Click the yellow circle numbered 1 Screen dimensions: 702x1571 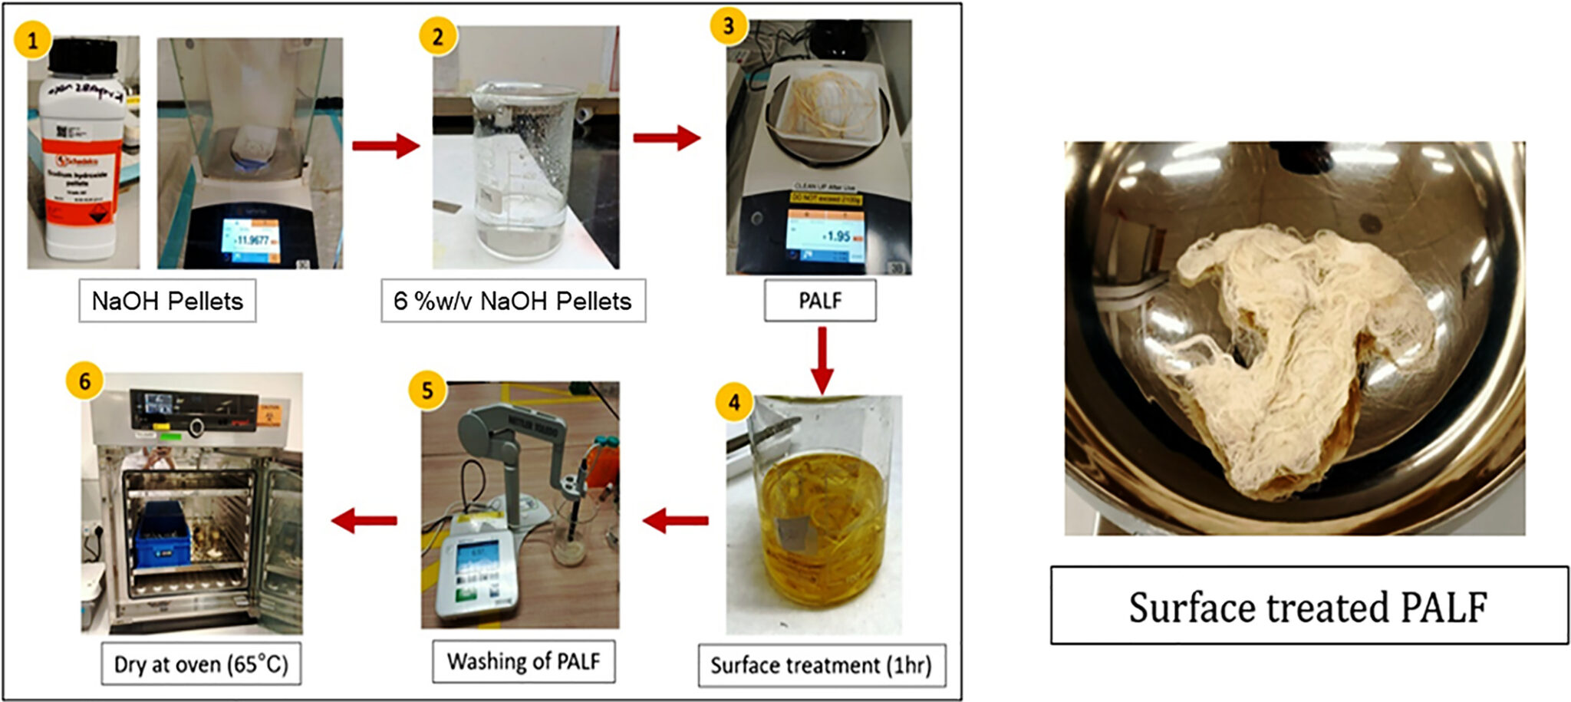tap(32, 40)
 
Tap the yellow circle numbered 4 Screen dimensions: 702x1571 tap(734, 402)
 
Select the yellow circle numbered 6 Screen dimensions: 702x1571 tap(84, 381)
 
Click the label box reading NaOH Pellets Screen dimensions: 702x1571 tap(167, 301)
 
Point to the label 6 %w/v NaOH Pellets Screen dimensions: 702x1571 tap(512, 301)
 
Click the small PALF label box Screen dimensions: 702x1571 tap(819, 301)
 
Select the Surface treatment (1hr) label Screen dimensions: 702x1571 tap(821, 665)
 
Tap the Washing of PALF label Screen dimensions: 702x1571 tap(523, 661)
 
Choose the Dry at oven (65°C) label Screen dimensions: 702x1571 tap(201, 664)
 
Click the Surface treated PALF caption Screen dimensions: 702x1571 tap(1308, 607)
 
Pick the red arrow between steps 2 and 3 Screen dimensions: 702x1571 tap(666, 138)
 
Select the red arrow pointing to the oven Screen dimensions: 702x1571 tap(364, 521)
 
